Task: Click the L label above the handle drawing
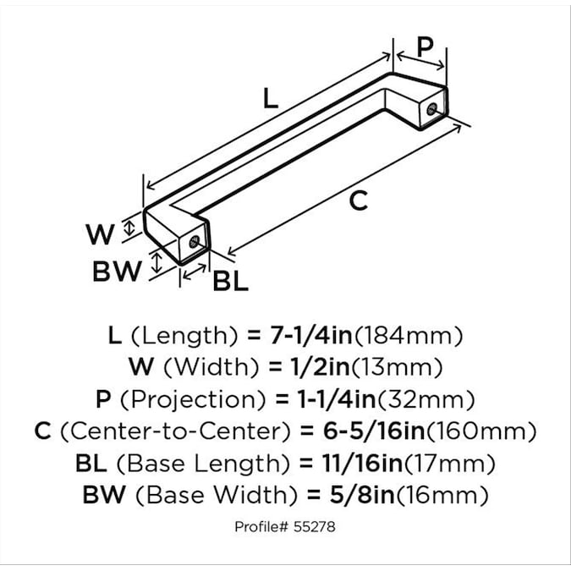coord(270,98)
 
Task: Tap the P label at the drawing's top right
coord(425,47)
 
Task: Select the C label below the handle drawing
coord(359,200)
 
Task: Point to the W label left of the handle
coord(100,234)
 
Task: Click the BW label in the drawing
coord(117,272)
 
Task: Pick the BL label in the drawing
coord(230,281)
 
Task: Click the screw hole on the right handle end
coord(432,109)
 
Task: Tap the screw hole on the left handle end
coord(195,242)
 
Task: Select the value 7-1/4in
coord(311,335)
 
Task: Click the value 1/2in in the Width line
coord(321,366)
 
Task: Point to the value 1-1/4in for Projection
coord(337,399)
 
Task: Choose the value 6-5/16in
coord(374,431)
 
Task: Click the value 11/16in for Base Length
coord(362,464)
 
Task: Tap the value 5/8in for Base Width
coord(362,495)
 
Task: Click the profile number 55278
coord(315,527)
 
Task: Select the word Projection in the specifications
coord(193,400)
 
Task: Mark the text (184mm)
coord(409,335)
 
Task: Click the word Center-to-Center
coord(176,431)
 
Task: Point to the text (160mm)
coord(481,431)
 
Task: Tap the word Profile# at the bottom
coord(262,527)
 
